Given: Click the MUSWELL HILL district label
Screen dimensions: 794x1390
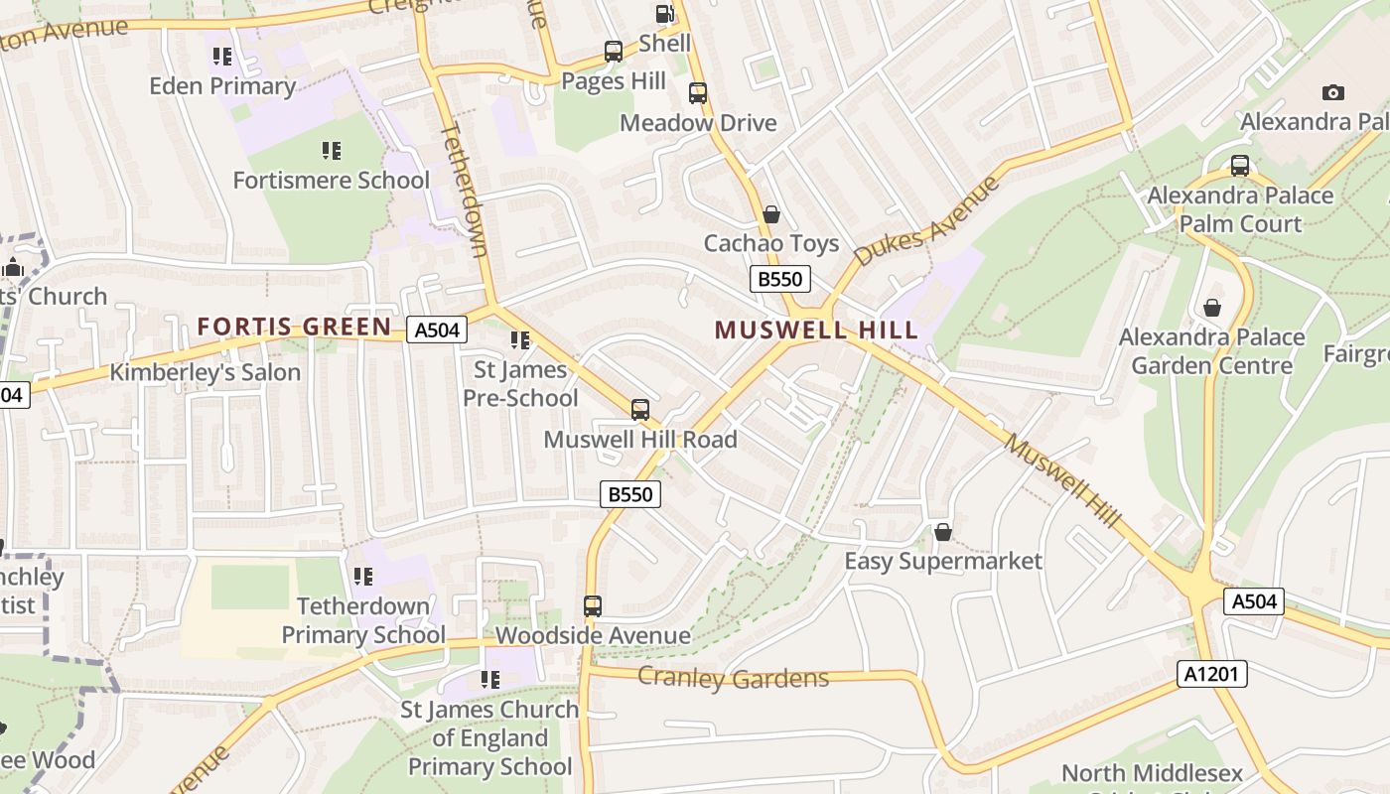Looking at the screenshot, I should [816, 331].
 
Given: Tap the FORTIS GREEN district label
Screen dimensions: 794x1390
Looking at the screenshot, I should [294, 327].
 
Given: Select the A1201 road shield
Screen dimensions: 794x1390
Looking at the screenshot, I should [1212, 674].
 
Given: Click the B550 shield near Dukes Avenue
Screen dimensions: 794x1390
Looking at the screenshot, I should [779, 279].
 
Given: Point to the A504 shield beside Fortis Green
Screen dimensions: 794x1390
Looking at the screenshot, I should [437, 330].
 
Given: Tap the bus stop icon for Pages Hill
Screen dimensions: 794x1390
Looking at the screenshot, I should [614, 52].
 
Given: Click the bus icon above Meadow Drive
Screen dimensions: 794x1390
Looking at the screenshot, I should [698, 93].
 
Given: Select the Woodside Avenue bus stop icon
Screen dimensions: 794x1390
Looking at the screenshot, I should [593, 605].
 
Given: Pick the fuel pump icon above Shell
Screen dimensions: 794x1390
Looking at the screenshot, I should [664, 14].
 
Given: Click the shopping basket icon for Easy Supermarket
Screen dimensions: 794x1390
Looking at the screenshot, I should [943, 533].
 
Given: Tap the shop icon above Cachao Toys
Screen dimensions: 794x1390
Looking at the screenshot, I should [771, 214].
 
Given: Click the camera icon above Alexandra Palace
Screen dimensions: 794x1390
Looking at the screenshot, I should [1333, 93].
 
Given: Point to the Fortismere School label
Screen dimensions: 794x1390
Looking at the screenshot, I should [331, 181].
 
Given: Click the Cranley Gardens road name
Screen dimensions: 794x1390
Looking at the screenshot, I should [733, 678].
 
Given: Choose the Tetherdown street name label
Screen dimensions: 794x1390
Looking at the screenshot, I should [465, 189].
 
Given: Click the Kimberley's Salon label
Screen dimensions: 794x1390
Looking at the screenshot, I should [205, 373].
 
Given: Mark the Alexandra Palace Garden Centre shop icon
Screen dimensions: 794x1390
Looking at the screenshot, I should [1212, 308].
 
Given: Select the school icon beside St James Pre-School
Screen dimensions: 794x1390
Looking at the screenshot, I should [520, 340].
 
